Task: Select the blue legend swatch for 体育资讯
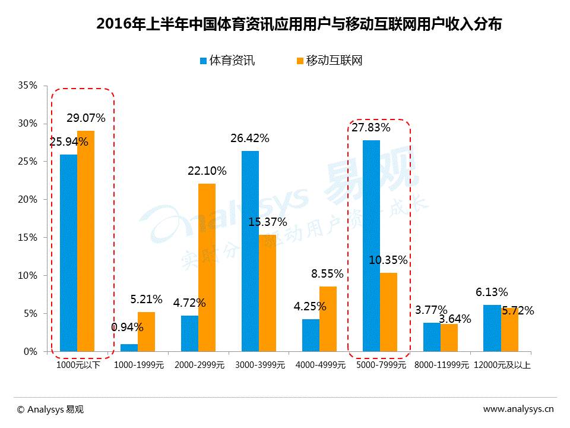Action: pyautogui.click(x=203, y=61)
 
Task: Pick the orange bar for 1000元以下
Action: pyautogui.click(x=85, y=241)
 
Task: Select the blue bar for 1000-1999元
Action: pyautogui.click(x=129, y=348)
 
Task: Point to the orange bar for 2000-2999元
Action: pyautogui.click(x=207, y=267)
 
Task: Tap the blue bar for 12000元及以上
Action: pyautogui.click(x=492, y=328)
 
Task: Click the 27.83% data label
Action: pyautogui.click(x=370, y=128)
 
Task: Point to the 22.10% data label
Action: pyautogui.click(x=207, y=171)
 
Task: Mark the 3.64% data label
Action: pyautogui.click(x=455, y=319)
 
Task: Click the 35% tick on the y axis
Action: pyautogui.click(x=27, y=86)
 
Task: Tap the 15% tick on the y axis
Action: pyautogui.click(x=27, y=238)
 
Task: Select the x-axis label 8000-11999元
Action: pyautogui.click(x=441, y=366)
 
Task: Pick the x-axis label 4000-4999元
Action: pyautogui.click(x=320, y=366)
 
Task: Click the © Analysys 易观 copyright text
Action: pyautogui.click(x=50, y=409)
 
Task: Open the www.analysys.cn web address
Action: pyautogui.click(x=518, y=409)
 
